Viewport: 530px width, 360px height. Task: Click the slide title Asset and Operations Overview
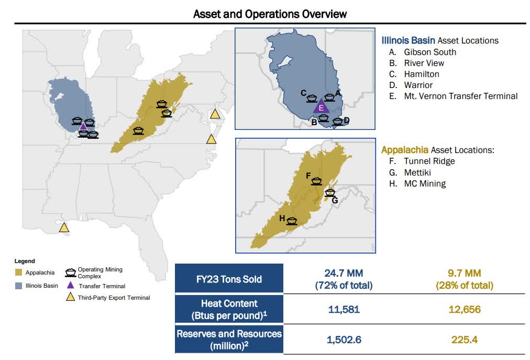(x=270, y=13)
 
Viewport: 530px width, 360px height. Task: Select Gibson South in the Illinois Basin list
(x=429, y=52)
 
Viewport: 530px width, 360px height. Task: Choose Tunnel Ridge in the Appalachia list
(x=429, y=161)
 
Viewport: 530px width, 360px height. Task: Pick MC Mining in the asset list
(x=425, y=183)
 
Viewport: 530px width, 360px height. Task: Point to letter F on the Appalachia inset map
(x=308, y=176)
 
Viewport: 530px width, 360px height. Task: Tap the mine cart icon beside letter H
(x=292, y=221)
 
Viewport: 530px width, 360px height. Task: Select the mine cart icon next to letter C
(x=312, y=98)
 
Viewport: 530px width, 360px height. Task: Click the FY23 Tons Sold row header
(x=229, y=279)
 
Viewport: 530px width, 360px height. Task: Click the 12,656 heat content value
(x=465, y=309)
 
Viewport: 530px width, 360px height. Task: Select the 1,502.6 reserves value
(x=344, y=340)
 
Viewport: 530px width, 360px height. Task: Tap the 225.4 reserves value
(x=465, y=340)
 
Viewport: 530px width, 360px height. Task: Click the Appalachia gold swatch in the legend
(x=19, y=272)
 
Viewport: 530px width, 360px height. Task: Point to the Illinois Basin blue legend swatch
(x=19, y=286)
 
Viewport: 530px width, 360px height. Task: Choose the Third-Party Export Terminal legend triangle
(x=69, y=298)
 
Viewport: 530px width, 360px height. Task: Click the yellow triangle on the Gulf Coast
(x=64, y=227)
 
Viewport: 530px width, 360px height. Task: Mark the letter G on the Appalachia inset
(x=335, y=200)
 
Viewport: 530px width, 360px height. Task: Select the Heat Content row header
(x=229, y=309)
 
